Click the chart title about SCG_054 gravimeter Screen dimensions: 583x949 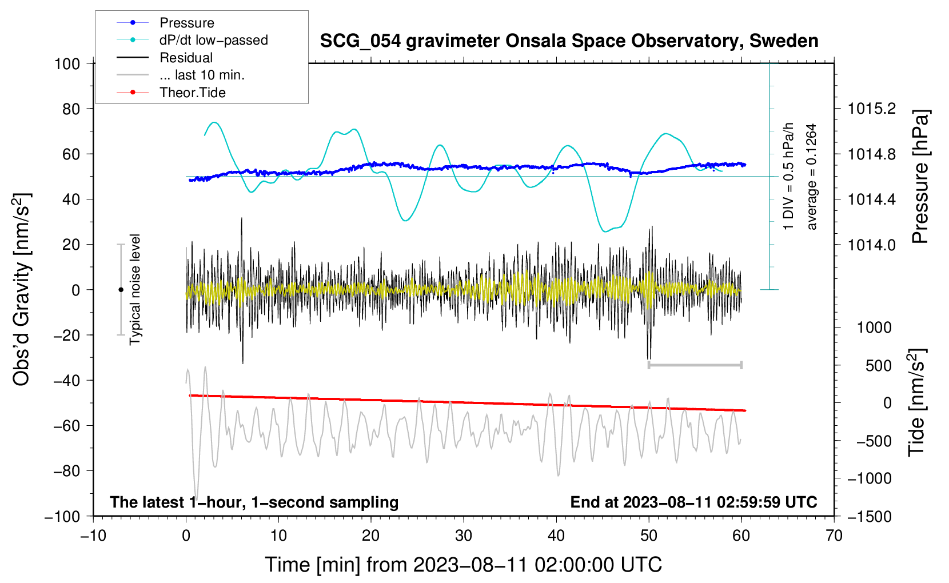(x=569, y=41)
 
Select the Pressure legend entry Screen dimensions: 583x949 (x=186, y=23)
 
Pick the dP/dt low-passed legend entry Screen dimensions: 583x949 (x=213, y=40)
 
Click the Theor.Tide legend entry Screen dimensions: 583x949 (x=192, y=93)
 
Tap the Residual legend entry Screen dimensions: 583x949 (x=186, y=58)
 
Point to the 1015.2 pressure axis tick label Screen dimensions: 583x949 (x=871, y=109)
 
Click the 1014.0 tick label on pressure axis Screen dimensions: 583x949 (x=871, y=245)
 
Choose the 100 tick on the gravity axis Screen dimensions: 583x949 (x=67, y=63)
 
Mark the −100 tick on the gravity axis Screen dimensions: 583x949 (x=62, y=516)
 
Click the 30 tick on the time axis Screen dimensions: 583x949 (x=464, y=536)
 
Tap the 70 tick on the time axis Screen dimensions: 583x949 (x=834, y=536)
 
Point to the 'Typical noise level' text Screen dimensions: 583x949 (x=135, y=289)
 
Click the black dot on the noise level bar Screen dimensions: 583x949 (x=121, y=290)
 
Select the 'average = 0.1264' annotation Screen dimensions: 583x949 (x=812, y=177)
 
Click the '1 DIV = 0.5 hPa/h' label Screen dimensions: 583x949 (x=789, y=176)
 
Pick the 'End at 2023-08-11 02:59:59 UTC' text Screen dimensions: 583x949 (x=693, y=502)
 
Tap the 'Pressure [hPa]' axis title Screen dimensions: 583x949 (x=920, y=177)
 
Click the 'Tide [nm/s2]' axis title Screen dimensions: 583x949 (x=917, y=402)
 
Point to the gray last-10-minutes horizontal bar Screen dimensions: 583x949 (x=695, y=365)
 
